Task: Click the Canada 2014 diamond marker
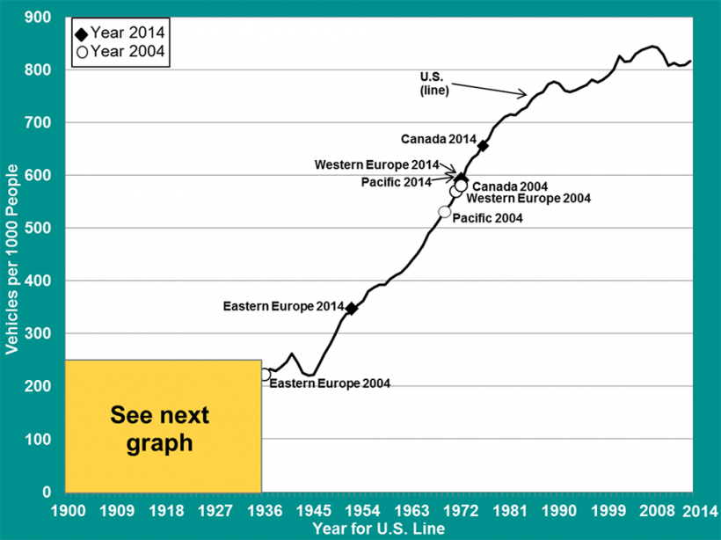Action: pyautogui.click(x=483, y=145)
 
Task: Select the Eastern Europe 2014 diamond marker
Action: pyautogui.click(x=352, y=309)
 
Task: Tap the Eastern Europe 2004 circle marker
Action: pyautogui.click(x=265, y=375)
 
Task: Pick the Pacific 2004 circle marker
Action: pyautogui.click(x=445, y=212)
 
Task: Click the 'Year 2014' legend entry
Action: pyautogui.click(x=120, y=33)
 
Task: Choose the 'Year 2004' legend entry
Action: pyautogui.click(x=120, y=51)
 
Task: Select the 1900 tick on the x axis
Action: pyautogui.click(x=68, y=510)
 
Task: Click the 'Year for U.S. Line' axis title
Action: pyautogui.click(x=377, y=529)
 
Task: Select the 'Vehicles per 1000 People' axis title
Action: pyautogui.click(x=12, y=255)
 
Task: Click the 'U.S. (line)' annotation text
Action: pyautogui.click(x=434, y=84)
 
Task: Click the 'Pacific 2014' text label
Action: pyautogui.click(x=396, y=182)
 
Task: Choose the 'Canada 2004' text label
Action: pyautogui.click(x=510, y=186)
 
